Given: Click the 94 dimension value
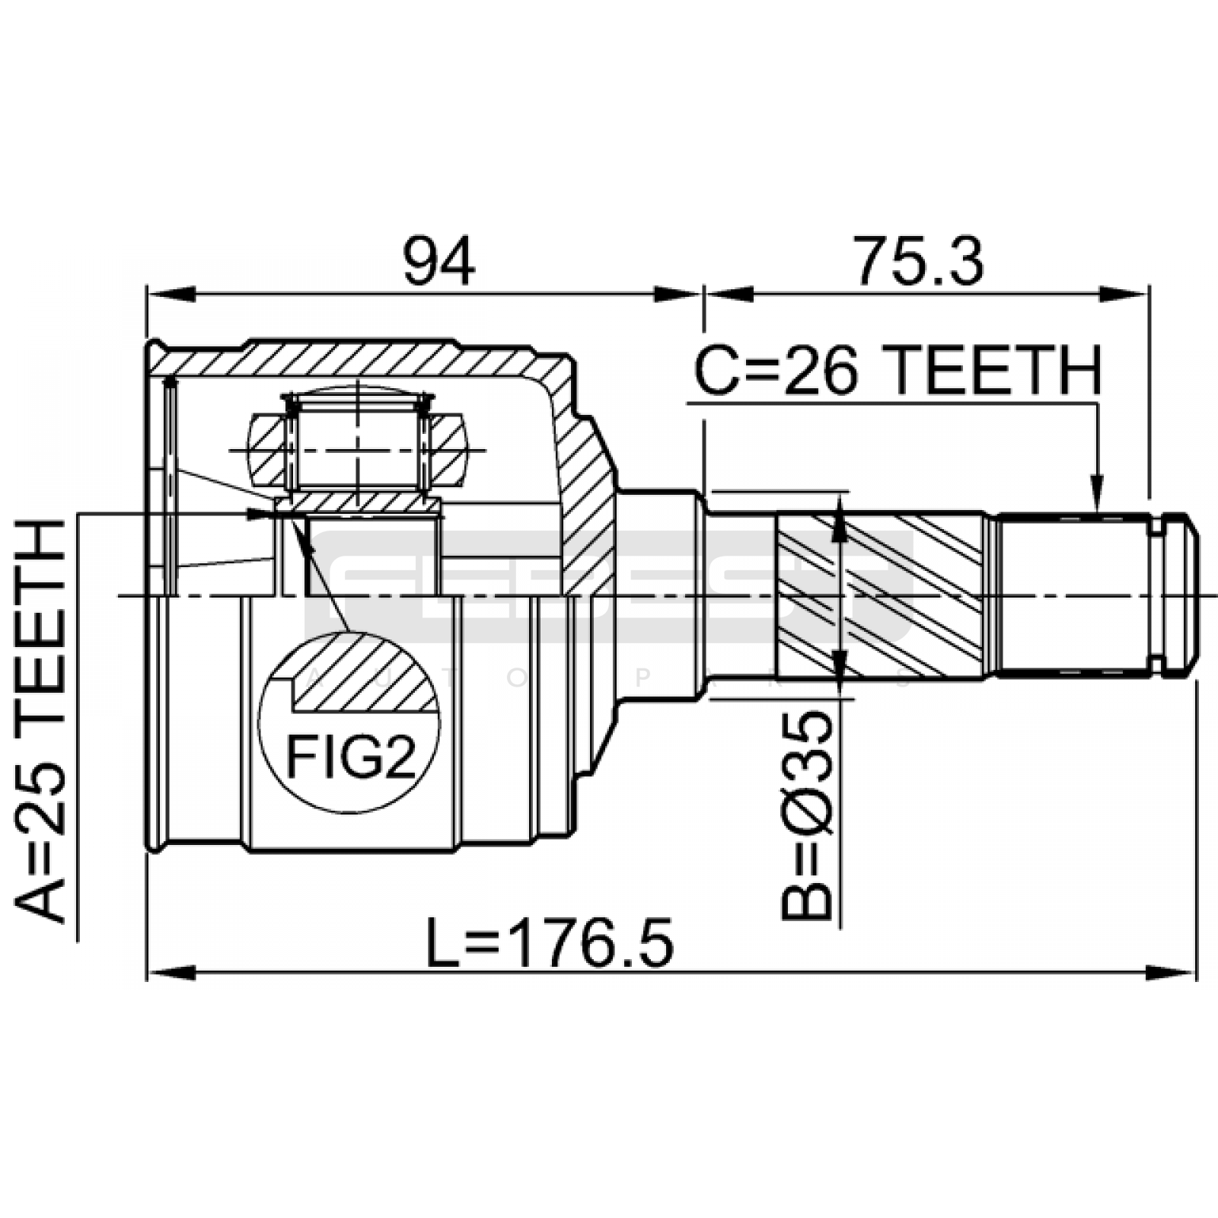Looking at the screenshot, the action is point(439,261).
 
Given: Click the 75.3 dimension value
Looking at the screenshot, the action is point(918,261).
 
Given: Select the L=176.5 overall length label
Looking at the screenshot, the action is point(550,942).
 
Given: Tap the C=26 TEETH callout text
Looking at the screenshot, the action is point(898,371).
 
